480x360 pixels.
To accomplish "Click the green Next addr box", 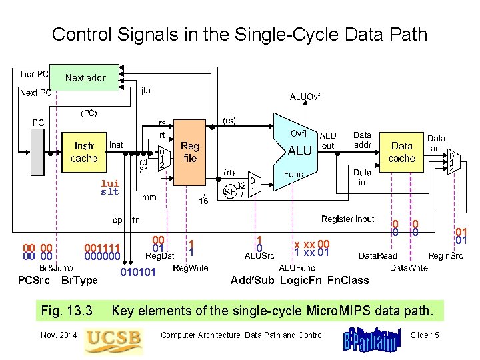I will click(85, 78).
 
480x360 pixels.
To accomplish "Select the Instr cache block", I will click(84, 152).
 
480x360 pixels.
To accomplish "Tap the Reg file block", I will click(189, 152).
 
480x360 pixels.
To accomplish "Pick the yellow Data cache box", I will click(401, 152).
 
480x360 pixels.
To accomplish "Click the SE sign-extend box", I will click(231, 191).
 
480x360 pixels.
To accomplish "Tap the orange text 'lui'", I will click(110, 183).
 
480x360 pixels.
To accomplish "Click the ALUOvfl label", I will click(305, 97).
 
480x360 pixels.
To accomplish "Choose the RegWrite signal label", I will click(191, 268).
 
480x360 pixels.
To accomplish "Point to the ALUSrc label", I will click(259, 255).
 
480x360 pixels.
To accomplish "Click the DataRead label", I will click(377, 255).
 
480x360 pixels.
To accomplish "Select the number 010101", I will click(138, 271).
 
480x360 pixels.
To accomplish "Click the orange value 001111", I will click(102, 247).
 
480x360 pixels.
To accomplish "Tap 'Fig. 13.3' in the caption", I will click(67, 310).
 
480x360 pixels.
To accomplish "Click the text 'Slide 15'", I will click(425, 335).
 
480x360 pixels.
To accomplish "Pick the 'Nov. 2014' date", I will click(59, 335).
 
